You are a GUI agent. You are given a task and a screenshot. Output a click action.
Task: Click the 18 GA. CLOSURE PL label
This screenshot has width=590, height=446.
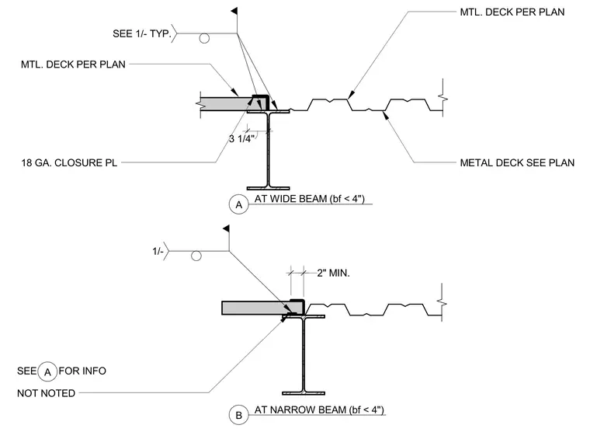click(69, 162)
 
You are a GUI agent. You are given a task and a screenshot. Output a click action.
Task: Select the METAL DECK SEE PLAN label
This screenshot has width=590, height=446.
click(517, 162)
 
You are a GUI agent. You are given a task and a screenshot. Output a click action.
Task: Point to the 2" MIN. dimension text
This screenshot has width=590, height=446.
click(333, 273)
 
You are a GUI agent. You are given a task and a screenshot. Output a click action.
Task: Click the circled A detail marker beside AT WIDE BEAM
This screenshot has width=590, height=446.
click(238, 204)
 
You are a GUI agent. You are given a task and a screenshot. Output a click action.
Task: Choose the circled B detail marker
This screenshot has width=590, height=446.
click(238, 415)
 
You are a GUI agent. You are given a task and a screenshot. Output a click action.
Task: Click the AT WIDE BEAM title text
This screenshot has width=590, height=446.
click(310, 198)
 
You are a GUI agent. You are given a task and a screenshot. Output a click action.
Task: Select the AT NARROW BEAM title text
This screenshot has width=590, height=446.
click(319, 409)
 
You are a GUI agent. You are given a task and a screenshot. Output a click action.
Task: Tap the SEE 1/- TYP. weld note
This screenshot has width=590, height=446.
click(142, 33)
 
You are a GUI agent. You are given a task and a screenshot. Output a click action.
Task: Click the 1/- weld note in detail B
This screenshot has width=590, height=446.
click(158, 251)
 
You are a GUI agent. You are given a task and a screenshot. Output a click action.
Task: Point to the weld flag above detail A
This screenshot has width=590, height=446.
click(234, 12)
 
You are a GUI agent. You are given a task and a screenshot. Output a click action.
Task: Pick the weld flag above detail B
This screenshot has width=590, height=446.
click(227, 228)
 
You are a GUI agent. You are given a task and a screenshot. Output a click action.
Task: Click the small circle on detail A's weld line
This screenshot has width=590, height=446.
click(204, 38)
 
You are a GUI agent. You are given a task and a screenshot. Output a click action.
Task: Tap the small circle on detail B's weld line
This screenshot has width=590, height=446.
click(196, 256)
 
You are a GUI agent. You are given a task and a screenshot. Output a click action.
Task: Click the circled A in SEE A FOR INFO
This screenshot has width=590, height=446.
click(47, 371)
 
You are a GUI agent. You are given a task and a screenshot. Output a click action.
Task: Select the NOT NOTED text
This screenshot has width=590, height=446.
click(47, 393)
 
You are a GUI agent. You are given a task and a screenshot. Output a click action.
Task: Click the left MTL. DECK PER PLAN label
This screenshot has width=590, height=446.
click(73, 64)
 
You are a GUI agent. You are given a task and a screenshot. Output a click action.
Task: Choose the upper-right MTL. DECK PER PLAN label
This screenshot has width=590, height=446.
click(512, 12)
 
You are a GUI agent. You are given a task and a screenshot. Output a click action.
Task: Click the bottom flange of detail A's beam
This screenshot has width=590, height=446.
click(269, 188)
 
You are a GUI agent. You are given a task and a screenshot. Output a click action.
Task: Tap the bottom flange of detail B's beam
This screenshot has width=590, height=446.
click(304, 393)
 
